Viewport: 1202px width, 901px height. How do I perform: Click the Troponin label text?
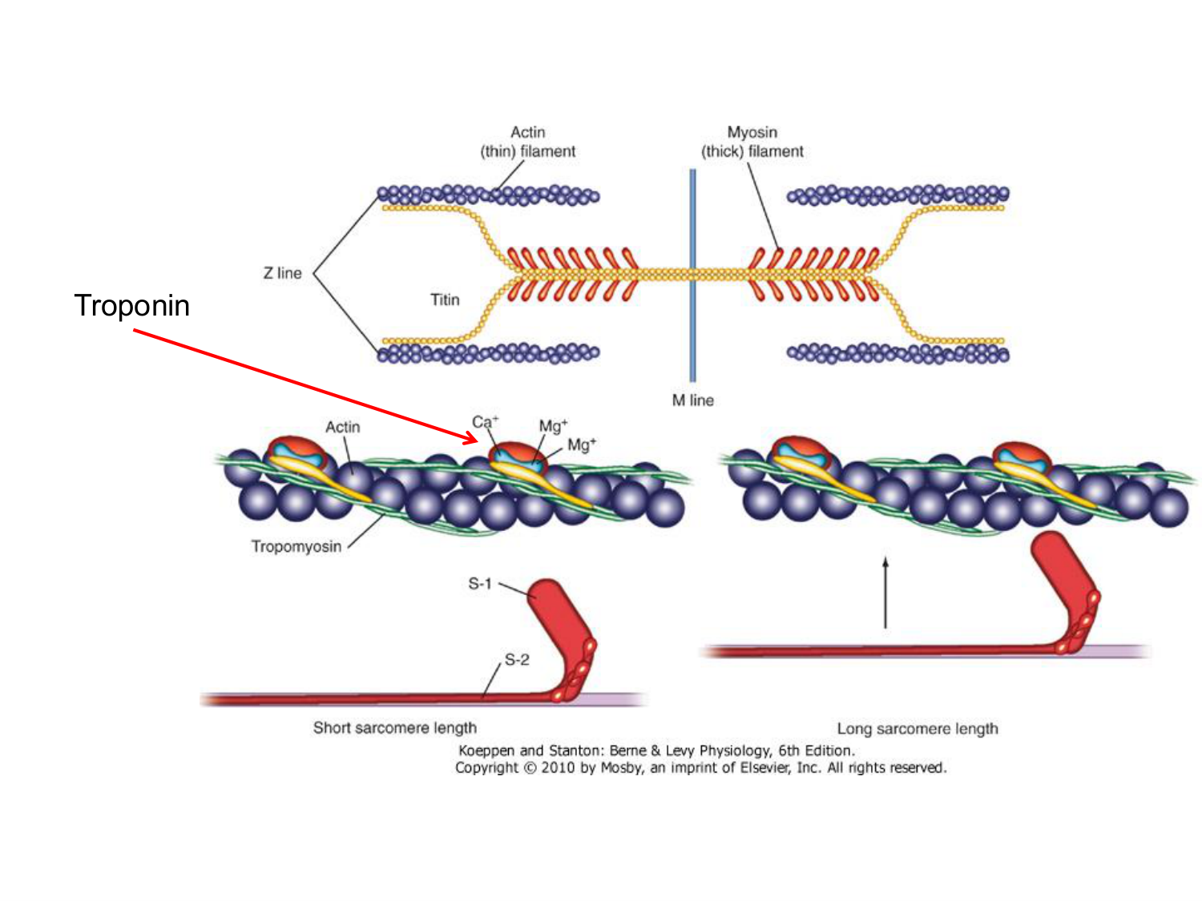pyautogui.click(x=132, y=306)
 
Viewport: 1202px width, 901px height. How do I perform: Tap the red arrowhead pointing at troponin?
pyautogui.click(x=472, y=438)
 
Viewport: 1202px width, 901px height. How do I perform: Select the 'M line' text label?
pyautogui.click(x=692, y=400)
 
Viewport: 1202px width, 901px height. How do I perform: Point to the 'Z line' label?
pyautogui.click(x=283, y=273)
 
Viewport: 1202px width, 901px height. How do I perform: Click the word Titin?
pyautogui.click(x=445, y=300)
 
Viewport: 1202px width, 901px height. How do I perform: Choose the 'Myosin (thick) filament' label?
pyautogui.click(x=752, y=142)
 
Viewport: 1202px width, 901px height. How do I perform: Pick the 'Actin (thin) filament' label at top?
pyautogui.click(x=527, y=142)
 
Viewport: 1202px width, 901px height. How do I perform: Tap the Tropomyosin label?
pyautogui.click(x=296, y=546)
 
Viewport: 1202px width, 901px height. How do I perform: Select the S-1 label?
pyautogui.click(x=480, y=584)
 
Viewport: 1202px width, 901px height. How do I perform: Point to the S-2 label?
pyautogui.click(x=517, y=660)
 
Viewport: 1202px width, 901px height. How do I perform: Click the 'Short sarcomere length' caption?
pyautogui.click(x=394, y=727)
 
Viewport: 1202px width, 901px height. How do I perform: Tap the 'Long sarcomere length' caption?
pyautogui.click(x=918, y=729)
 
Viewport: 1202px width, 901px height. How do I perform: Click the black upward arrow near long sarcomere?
pyautogui.click(x=885, y=593)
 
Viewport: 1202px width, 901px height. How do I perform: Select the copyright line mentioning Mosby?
pyautogui.click(x=700, y=767)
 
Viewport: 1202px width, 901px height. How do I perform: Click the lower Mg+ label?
pyautogui.click(x=582, y=445)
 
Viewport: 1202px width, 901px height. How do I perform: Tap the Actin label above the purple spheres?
pyautogui.click(x=342, y=428)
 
